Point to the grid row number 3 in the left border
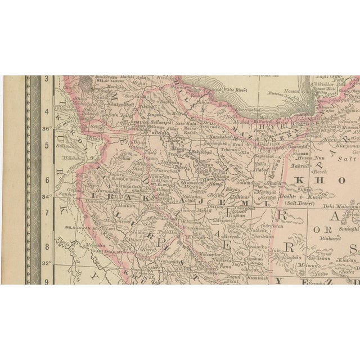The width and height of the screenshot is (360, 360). (x=47, y=80)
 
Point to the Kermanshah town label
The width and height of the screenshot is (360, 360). (x=130, y=185)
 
